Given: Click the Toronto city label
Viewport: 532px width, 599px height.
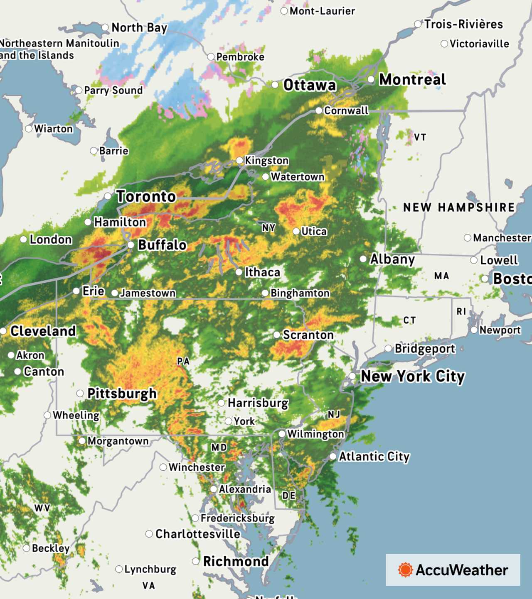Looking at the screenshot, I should tap(146, 196).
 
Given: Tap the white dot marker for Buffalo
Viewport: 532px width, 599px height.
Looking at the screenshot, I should tap(131, 245).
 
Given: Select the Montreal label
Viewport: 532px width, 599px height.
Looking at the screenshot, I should tap(412, 79).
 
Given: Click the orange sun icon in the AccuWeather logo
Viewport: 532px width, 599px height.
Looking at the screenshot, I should tap(405, 570).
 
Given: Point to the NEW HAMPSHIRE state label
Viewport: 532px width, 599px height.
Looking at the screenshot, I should tap(459, 207).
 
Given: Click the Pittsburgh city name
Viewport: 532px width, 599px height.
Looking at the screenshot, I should tap(122, 393).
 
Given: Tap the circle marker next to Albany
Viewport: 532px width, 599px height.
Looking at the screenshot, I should tap(363, 259).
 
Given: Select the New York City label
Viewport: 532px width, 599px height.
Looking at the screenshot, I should tap(412, 376).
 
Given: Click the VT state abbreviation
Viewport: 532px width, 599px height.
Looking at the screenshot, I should tap(420, 137).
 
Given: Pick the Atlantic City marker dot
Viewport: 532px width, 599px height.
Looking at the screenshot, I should tap(333, 457).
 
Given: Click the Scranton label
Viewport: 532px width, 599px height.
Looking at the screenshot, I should tap(308, 335).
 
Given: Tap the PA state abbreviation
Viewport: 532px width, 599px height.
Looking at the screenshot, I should tap(183, 361).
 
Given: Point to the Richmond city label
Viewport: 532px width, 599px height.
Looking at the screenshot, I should tap(236, 561).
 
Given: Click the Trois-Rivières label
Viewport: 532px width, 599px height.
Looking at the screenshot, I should tap(463, 24).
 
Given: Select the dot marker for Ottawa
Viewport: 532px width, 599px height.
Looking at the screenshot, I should tap(275, 85).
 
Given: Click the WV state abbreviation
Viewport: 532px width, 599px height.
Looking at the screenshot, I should tap(42, 508).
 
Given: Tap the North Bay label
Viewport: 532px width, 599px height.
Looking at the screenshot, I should tap(139, 28).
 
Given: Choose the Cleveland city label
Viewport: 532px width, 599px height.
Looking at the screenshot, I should tap(43, 331).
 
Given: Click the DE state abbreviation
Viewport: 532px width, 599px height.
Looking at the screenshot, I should tap(288, 496).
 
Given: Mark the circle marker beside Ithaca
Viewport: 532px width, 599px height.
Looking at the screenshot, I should tap(239, 272).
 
